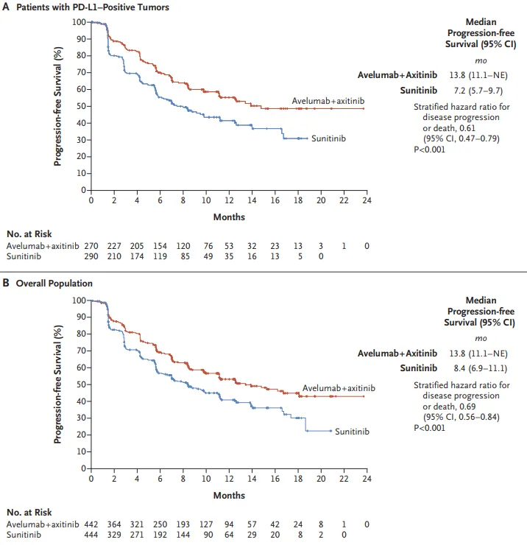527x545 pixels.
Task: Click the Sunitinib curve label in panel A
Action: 328,138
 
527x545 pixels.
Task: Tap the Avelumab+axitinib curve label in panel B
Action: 339,388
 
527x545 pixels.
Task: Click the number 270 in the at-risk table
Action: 91,246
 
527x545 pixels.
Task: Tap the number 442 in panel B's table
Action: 91,524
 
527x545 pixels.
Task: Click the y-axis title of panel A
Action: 58,105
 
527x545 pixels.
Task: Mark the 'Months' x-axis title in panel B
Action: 229,495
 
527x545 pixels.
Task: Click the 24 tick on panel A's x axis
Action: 367,200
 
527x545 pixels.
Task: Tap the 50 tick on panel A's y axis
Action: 79,106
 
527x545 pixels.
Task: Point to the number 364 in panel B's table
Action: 114,524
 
